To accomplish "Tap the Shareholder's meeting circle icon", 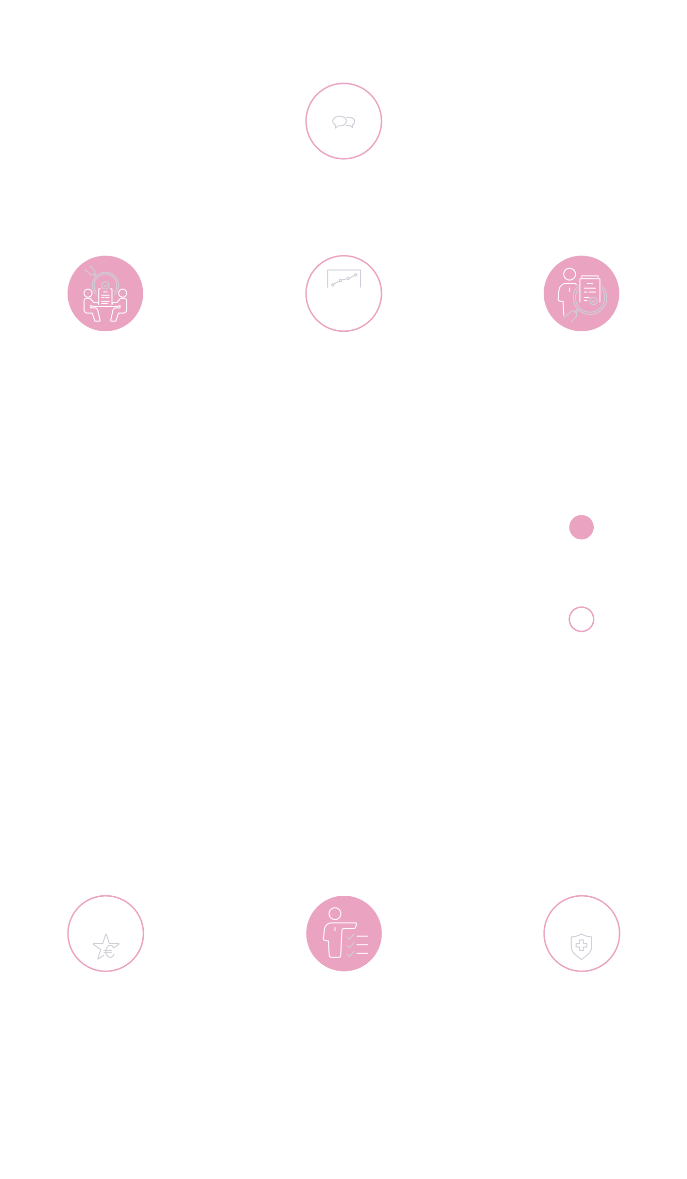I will [343, 121].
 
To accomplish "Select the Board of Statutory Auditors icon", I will [105, 293].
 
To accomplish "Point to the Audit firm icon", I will [581, 293].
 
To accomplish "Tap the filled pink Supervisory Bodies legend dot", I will [581, 527].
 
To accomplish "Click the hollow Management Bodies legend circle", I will [581, 619].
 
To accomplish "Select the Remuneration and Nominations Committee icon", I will [105, 933].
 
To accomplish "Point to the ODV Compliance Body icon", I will [343, 933].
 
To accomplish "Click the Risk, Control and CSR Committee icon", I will [581, 933].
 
